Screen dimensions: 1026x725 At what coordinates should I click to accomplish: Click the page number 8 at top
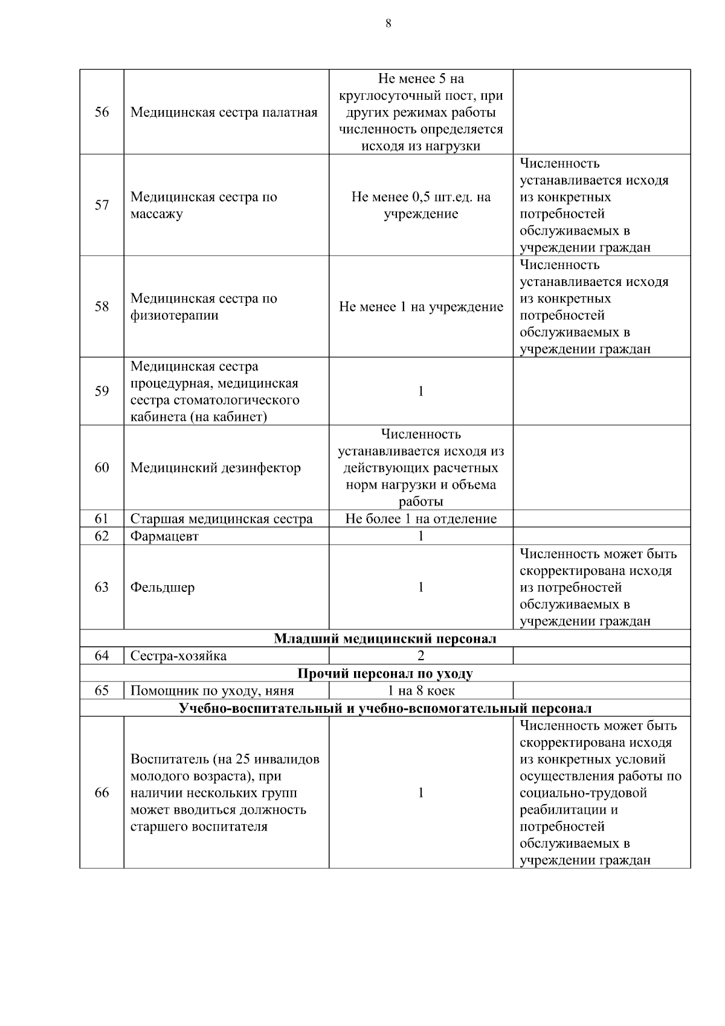[388, 24]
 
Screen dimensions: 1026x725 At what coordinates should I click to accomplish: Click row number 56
[101, 112]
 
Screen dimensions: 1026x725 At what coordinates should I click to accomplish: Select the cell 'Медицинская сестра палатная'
[224, 112]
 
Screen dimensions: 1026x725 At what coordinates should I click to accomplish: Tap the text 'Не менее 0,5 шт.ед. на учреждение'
[421, 206]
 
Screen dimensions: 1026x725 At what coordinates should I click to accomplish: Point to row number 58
[101, 307]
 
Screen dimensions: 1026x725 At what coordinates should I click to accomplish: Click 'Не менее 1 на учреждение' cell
[421, 307]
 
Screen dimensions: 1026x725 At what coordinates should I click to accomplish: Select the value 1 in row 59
[420, 391]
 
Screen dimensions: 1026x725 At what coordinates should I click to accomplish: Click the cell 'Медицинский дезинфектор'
[216, 468]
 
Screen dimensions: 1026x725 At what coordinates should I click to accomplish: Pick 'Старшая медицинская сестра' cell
[222, 519]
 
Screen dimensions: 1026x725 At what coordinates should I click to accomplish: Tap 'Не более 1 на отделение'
[421, 519]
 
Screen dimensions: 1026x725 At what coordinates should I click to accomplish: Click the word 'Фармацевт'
[164, 536]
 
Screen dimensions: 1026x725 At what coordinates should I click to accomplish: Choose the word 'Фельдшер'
[163, 587]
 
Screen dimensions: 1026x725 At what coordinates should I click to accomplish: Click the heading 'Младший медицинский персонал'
[385, 639]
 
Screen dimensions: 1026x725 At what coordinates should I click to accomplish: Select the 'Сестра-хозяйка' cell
[179, 656]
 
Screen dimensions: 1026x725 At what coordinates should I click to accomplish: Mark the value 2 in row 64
[420, 656]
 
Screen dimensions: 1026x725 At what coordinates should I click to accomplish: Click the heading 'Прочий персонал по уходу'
[385, 674]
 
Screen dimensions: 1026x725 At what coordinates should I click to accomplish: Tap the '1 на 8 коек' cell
[421, 690]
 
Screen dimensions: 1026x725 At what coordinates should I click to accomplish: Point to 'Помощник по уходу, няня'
[212, 690]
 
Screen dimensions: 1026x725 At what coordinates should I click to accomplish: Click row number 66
[101, 793]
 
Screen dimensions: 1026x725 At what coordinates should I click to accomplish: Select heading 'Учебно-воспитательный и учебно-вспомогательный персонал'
[385, 708]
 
